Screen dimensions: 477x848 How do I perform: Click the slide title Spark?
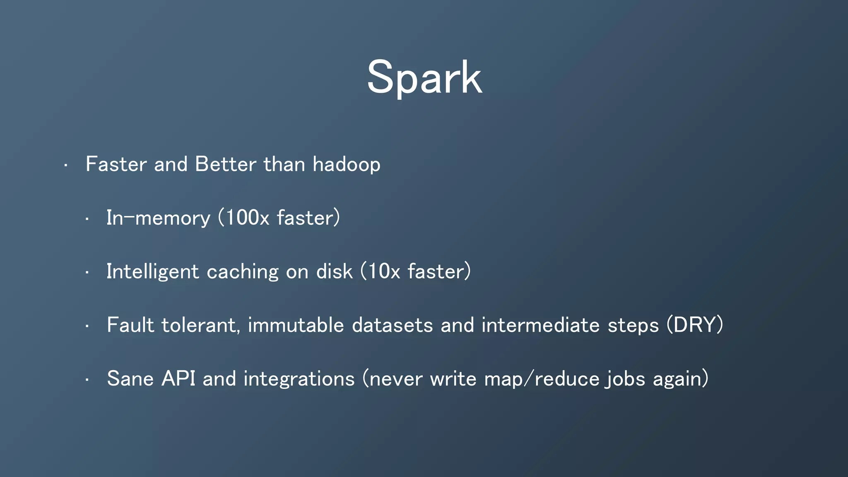coord(424,78)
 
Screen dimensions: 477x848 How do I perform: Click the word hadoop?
coord(346,164)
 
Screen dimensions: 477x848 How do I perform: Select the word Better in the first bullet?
coord(225,164)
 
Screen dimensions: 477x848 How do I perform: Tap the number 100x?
coord(247,218)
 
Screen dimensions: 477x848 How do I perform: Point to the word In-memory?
coord(158,218)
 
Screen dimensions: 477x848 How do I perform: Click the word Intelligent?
coord(152,272)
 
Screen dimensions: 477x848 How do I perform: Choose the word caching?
coord(242,272)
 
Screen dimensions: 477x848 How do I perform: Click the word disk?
coord(334,272)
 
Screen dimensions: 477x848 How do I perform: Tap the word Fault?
coord(130,325)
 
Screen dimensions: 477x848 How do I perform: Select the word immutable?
coord(296,325)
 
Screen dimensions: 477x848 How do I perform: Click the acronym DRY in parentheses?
coord(694,325)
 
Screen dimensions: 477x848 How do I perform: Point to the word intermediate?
coord(540,325)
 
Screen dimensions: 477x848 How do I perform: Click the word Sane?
coord(130,378)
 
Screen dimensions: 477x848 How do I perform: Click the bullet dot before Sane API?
coord(87,380)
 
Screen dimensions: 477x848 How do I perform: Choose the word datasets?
coord(392,325)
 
